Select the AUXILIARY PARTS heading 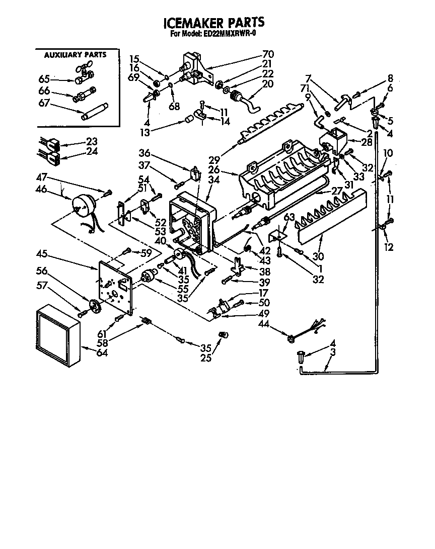(76, 54)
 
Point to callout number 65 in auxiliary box (45, 79)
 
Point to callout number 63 (289, 217)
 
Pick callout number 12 (389, 247)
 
